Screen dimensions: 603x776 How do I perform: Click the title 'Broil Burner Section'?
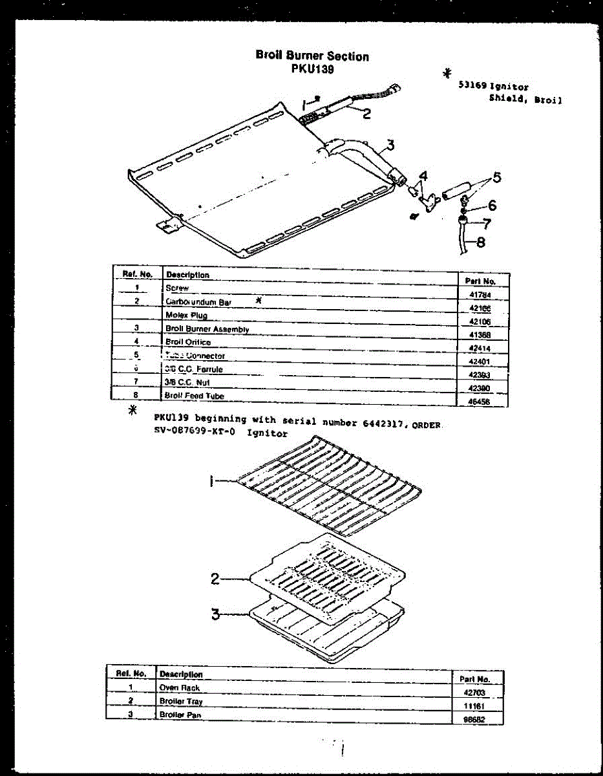(312, 56)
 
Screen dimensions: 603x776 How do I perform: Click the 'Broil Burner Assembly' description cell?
(207, 329)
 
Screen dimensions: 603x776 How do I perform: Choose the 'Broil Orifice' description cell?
(188, 342)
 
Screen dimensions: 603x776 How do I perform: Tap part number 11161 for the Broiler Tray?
(474, 707)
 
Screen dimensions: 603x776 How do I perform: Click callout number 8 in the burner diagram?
(480, 243)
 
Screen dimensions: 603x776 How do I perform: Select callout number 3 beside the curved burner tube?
(390, 144)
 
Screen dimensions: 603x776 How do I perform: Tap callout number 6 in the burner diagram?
(492, 206)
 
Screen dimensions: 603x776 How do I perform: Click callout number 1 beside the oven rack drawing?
(213, 481)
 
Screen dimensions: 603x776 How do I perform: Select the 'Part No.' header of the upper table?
(480, 281)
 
